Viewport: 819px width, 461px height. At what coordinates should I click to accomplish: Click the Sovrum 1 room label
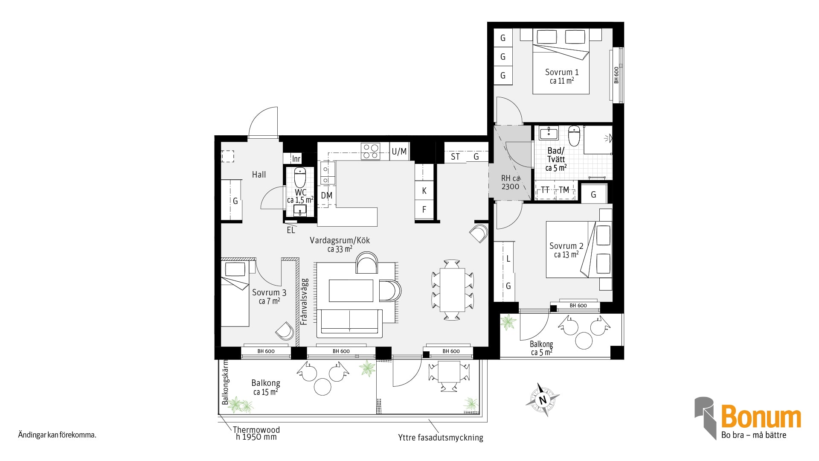click(x=561, y=76)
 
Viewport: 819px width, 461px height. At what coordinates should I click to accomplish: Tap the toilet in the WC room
click(x=300, y=177)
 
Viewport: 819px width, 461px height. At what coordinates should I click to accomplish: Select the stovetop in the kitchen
click(x=370, y=151)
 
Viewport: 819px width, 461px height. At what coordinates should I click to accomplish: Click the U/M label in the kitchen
click(x=399, y=152)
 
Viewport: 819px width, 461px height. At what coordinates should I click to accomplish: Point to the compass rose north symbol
click(x=542, y=400)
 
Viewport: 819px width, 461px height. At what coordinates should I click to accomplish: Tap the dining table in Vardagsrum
click(x=452, y=290)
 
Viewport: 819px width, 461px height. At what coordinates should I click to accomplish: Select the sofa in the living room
click(x=349, y=323)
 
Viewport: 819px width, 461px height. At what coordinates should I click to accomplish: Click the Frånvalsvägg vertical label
click(x=305, y=302)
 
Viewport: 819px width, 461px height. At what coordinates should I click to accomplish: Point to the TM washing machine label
click(x=564, y=190)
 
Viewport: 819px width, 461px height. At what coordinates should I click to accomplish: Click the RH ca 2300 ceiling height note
click(x=510, y=182)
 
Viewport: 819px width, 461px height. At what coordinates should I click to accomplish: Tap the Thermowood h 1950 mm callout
click(x=256, y=433)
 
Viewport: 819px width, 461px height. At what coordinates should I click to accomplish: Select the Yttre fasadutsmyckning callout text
click(x=441, y=438)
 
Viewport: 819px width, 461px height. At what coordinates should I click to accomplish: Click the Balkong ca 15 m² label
click(x=265, y=388)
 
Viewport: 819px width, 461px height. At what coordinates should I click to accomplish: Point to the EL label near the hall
click(x=291, y=230)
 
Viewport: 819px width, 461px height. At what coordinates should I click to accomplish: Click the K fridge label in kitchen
click(x=424, y=191)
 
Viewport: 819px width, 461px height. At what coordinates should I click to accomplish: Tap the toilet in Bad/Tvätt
click(x=574, y=135)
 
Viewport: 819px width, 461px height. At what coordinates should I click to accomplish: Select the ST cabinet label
click(x=456, y=157)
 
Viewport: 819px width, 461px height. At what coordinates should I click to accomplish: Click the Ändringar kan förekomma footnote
click(x=57, y=435)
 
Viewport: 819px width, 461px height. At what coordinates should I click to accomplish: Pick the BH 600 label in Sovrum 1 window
click(x=616, y=75)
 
